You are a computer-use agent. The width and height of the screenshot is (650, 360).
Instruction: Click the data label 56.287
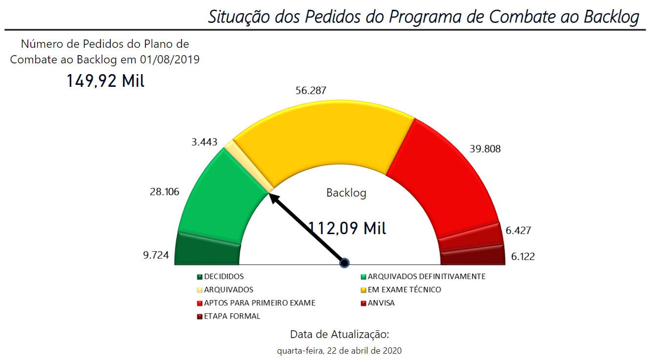[311, 91]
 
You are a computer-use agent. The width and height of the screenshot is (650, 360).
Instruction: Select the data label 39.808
[485, 149]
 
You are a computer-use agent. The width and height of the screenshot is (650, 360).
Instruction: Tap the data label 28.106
[164, 192]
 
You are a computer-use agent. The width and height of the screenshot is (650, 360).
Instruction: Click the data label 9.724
[156, 255]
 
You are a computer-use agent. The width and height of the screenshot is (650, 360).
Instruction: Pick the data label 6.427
[518, 230]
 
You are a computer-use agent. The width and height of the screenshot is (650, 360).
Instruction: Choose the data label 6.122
[523, 256]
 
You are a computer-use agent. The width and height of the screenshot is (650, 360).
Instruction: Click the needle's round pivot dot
[344, 263]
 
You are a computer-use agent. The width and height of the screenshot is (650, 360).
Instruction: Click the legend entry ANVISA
[381, 303]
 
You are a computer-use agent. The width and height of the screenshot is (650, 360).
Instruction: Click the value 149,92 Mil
[105, 80]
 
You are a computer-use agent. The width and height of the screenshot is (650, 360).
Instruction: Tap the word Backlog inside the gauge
[346, 193]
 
